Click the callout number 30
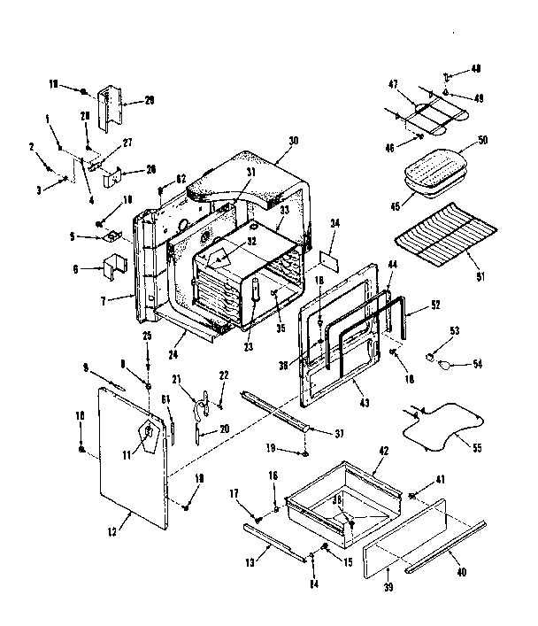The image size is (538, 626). click(x=292, y=140)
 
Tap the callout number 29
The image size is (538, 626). click(x=150, y=100)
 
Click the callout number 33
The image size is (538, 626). click(x=285, y=211)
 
